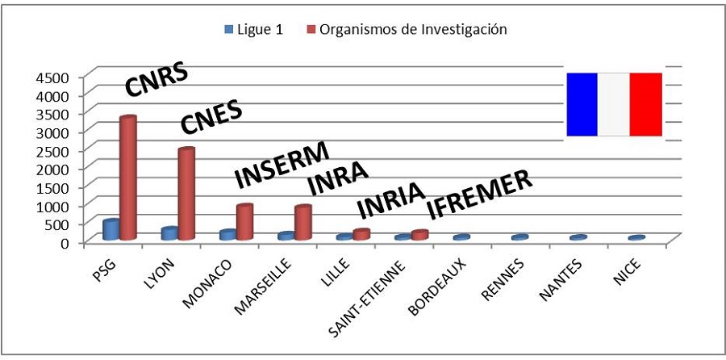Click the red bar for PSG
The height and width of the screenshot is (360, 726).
(x=127, y=178)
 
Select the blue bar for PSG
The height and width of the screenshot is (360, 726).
(x=111, y=229)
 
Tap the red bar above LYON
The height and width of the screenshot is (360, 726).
(x=186, y=194)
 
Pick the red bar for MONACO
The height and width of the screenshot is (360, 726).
(x=244, y=222)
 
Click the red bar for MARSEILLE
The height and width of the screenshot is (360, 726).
(x=302, y=223)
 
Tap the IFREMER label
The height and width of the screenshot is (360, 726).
(x=479, y=194)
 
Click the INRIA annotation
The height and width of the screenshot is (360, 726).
(x=390, y=202)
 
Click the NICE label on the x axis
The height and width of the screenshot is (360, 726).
(x=624, y=270)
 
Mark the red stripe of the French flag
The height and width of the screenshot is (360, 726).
(x=646, y=104)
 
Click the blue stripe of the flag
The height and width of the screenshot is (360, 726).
(x=582, y=104)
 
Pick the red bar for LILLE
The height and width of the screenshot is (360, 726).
(x=361, y=234)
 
